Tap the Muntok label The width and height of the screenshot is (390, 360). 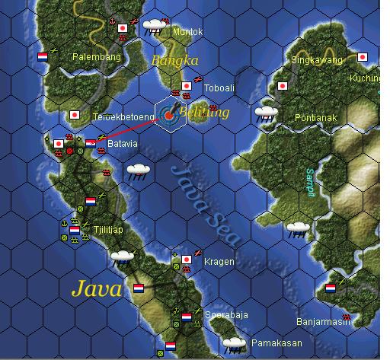click(188, 32)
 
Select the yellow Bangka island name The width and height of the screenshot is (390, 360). click(174, 60)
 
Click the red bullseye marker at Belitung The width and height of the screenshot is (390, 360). click(169, 116)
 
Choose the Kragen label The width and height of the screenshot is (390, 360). click(219, 262)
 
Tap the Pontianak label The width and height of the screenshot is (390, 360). click(316, 117)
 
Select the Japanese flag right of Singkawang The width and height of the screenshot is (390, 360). click(363, 57)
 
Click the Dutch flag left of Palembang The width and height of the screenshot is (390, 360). click(43, 56)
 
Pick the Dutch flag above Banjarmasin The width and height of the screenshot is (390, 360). click(331, 289)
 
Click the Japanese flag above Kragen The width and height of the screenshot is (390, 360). click(186, 260)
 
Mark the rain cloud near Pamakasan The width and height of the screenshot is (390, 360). click(233, 344)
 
